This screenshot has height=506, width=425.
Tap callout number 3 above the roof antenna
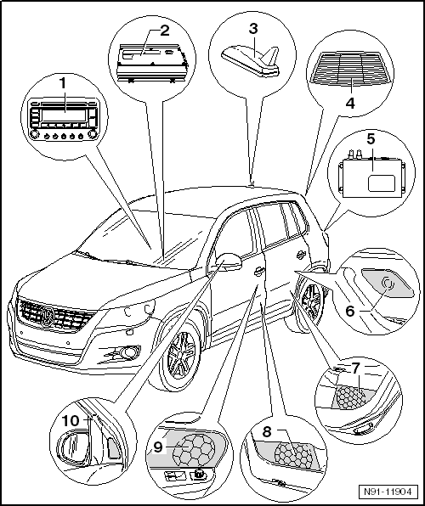(252, 28)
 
